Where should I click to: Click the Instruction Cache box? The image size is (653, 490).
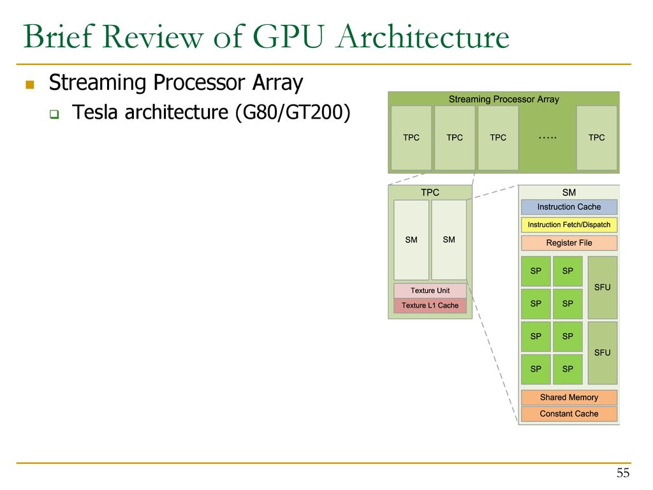569,207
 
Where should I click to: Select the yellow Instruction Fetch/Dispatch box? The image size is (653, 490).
569,225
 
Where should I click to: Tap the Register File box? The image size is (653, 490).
569,243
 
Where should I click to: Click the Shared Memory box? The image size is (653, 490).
569,397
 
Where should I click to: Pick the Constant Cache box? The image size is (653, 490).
569,413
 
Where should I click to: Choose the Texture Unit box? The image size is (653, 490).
430,290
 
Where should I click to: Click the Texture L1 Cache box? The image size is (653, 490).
430,306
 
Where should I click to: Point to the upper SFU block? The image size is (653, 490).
602,288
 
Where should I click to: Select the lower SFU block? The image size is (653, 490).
602,352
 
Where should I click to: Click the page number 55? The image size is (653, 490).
623,473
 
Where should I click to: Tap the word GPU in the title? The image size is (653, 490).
288,36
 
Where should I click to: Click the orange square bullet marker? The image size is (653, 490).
29,85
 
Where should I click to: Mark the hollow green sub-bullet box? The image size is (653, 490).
54,114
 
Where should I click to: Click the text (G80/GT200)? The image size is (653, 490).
293,112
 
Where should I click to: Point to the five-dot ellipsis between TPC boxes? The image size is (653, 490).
547,138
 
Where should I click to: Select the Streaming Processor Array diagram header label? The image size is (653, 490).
504,99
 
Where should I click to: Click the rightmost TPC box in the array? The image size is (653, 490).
596,138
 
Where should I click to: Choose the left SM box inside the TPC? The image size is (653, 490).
411,240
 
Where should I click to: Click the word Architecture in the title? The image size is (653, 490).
423,36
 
